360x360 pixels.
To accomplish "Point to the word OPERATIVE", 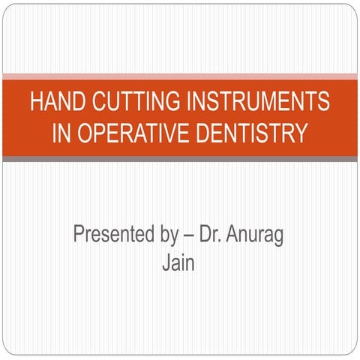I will click(x=132, y=133).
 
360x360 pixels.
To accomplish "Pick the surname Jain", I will click(x=179, y=264).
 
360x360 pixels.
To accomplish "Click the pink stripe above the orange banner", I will click(x=180, y=76).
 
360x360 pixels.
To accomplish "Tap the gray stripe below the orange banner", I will click(x=180, y=158).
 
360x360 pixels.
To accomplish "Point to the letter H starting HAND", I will click(x=36, y=102).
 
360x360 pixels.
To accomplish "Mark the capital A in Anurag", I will click(x=241, y=235).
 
